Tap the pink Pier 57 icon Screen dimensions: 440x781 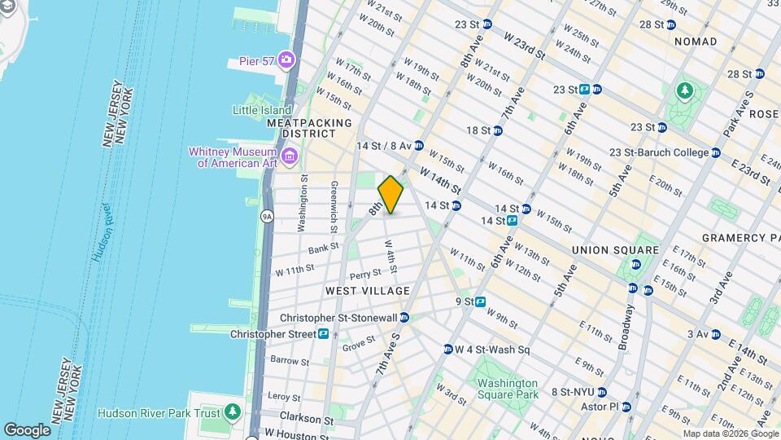tap(286, 59)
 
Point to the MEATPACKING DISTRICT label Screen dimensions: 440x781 tap(309, 128)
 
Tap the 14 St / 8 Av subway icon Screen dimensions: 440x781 tap(418, 146)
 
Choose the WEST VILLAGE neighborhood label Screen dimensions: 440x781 tap(367, 291)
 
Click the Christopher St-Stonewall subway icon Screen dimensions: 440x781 tap(403, 318)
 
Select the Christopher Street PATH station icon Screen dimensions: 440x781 tap(323, 334)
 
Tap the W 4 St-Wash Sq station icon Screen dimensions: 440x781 tap(447, 350)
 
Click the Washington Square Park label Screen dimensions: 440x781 tap(508, 389)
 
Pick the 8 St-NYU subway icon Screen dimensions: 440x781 tap(601, 392)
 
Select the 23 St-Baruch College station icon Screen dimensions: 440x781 tap(715, 152)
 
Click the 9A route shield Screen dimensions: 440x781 tap(266, 217)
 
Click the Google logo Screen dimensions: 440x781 tap(27, 429)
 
